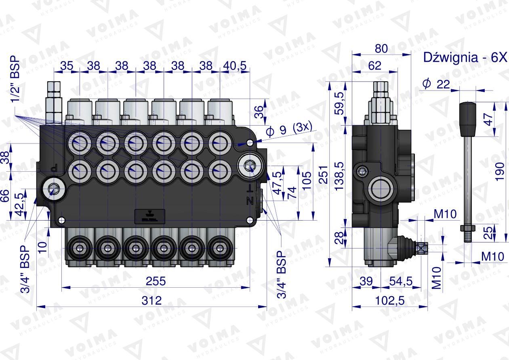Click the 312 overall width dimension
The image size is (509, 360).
[152, 300]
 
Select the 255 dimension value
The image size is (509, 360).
[156, 281]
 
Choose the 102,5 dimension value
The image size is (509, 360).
[390, 301]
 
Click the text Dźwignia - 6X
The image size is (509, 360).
[465, 57]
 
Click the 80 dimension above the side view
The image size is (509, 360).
[381, 48]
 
